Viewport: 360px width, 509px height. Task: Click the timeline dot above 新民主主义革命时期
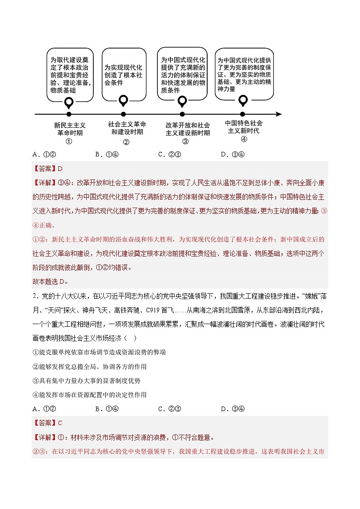(x=69, y=114)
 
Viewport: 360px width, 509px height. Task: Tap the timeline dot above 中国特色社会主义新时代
(x=243, y=114)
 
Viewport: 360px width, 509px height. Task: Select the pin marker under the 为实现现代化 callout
(x=123, y=100)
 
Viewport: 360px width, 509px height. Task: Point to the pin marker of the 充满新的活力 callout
(x=182, y=101)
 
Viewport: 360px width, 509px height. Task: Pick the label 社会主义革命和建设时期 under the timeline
(x=127, y=128)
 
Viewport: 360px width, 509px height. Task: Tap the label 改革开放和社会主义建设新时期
(x=187, y=129)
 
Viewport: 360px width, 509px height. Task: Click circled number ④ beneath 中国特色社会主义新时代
(x=244, y=139)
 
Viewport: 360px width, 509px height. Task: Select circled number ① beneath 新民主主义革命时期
(x=69, y=141)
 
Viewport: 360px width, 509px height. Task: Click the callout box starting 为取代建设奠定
(x=70, y=74)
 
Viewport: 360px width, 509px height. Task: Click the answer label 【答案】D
(x=48, y=169)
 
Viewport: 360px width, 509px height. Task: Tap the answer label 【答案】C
(x=48, y=423)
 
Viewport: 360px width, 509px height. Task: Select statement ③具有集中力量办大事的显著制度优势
(x=87, y=381)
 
